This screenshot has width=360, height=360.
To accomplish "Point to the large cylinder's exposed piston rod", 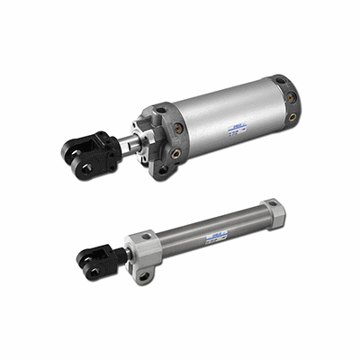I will tap(125, 142).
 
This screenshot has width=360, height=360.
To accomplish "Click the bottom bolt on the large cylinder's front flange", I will tap(163, 167).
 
